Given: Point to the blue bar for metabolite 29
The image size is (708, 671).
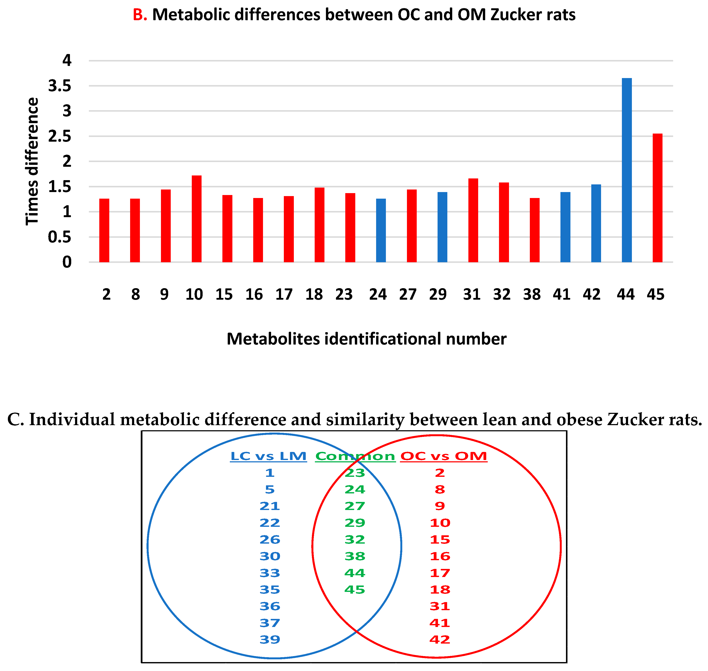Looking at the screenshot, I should point(442,227).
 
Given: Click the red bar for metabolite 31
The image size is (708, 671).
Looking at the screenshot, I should point(473,220).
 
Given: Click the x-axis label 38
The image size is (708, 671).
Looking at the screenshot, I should point(532,294).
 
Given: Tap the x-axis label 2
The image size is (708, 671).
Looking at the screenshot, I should point(106,294).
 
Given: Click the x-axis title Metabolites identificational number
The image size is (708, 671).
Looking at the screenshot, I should point(367,339).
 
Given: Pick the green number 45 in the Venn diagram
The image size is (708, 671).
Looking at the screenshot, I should point(355,590).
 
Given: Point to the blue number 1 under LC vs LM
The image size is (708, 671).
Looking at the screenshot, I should point(270,473).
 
